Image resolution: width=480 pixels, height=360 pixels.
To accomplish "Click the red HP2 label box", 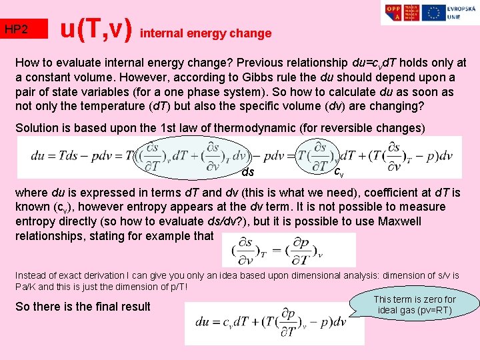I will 24,29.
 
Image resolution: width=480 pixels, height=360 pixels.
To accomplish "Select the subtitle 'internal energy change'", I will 207,33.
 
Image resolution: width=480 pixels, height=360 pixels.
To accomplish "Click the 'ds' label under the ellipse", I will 248,172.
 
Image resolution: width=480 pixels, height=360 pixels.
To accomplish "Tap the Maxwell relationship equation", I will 288,249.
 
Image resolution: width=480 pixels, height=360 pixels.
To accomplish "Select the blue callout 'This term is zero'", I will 415,305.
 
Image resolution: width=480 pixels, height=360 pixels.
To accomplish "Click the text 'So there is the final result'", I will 83,307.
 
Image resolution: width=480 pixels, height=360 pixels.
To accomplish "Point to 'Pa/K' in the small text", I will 27,287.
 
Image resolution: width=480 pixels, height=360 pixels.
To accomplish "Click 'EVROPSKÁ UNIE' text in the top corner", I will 459,13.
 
